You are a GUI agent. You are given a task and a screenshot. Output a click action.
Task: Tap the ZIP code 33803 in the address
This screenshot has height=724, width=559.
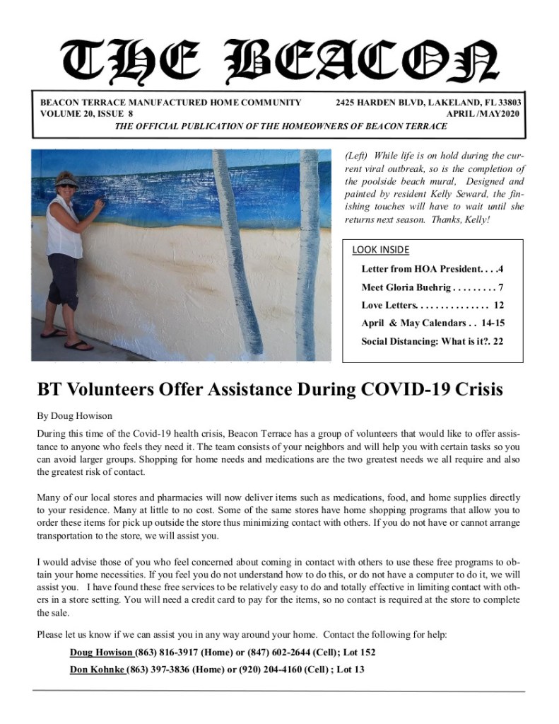pyautogui.click(x=509, y=103)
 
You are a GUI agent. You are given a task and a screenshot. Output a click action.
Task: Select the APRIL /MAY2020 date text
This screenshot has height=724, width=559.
pyautogui.click(x=484, y=113)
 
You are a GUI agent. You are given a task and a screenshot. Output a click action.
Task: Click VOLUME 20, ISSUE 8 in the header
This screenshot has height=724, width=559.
pyautogui.click(x=86, y=113)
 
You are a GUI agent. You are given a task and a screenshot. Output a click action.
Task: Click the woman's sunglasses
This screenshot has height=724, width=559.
pyautogui.click(x=68, y=185)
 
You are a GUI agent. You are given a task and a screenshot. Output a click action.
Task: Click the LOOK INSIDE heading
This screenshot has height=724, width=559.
pyautogui.click(x=380, y=250)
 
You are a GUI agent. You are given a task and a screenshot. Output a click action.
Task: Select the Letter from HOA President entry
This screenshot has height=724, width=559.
pyautogui.click(x=432, y=270)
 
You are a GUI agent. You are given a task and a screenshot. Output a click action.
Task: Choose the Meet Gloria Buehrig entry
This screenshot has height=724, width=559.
pyautogui.click(x=432, y=287)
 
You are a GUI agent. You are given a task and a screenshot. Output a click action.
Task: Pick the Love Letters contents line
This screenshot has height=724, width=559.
pyautogui.click(x=432, y=305)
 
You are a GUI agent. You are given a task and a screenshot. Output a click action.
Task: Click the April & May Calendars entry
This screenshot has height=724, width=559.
pyautogui.click(x=432, y=323)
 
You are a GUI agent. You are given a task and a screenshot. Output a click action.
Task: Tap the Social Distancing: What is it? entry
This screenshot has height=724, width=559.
pyautogui.click(x=432, y=341)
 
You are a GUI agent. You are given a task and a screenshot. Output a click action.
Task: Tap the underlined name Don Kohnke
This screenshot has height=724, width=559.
pyautogui.click(x=98, y=669)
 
